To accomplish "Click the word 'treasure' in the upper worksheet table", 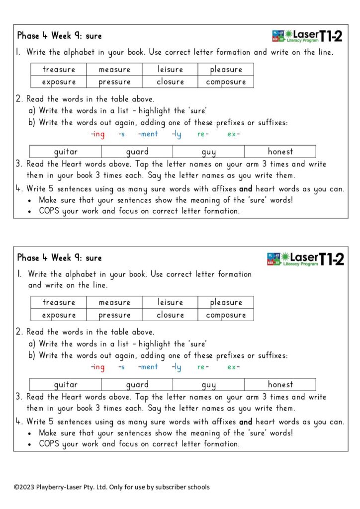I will coord(59,70).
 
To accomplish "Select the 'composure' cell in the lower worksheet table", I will coord(226,315).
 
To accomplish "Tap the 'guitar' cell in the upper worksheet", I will coord(66,152).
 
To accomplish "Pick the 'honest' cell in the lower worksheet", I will coord(280,384).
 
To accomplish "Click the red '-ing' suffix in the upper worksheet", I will coord(98,134).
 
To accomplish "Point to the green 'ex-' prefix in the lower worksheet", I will coord(233,367).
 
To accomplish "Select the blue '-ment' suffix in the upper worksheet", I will coord(148,134).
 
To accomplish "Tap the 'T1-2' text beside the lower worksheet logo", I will coord(331,258).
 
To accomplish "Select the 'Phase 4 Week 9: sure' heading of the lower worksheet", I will coord(59,258).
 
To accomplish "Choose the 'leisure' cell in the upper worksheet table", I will coord(170,70).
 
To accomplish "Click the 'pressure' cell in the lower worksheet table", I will coord(114,315).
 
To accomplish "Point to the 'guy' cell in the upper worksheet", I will coord(209,152).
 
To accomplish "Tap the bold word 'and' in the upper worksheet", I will coord(246,189).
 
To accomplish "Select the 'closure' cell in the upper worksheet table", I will coord(170,82).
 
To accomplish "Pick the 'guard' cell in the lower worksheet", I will coord(137,384).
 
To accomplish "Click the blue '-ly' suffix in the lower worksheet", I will coord(177,367).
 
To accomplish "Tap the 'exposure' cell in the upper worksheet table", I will coord(59,82).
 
